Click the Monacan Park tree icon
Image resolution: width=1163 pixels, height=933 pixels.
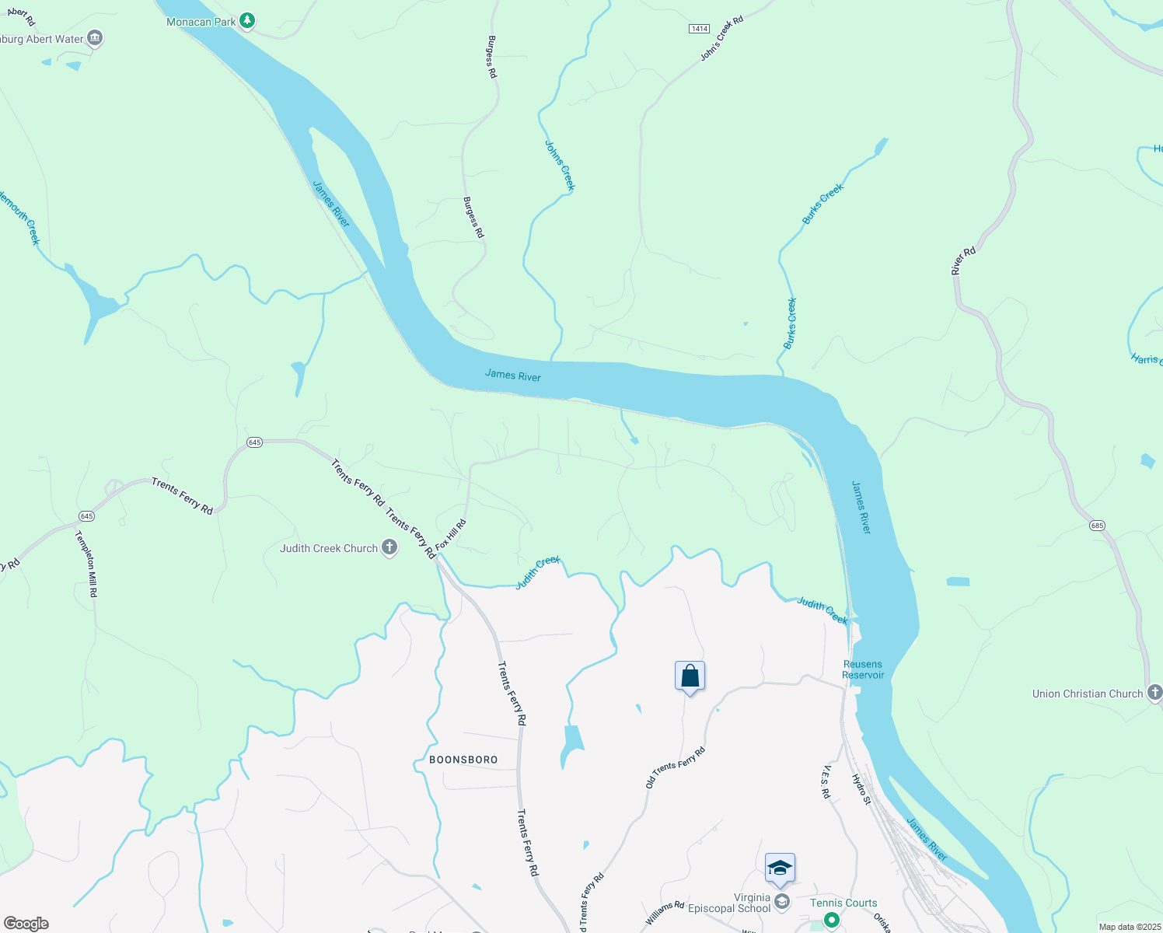[x=247, y=21]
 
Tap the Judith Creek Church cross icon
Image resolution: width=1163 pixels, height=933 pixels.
[x=389, y=548]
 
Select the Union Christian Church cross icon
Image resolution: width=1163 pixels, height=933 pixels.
[x=1154, y=692]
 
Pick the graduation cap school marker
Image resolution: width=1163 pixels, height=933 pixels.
[x=779, y=868]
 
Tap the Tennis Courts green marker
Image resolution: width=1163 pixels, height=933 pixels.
[x=832, y=920]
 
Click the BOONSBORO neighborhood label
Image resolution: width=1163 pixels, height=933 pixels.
[x=463, y=760]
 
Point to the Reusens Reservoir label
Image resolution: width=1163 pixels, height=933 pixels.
[x=863, y=669]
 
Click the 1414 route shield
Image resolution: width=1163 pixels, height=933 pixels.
[x=699, y=29]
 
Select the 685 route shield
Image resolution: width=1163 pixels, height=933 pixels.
[x=1097, y=526]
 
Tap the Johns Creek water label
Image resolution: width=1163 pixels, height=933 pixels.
[x=560, y=166]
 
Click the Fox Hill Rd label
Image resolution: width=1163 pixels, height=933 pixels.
[x=451, y=535]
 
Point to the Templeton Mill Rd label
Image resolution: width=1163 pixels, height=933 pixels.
[x=86, y=564]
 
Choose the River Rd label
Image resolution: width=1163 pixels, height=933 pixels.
[x=963, y=261]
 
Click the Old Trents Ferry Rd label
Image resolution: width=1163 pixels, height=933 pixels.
[x=675, y=767]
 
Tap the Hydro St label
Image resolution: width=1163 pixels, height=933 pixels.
[x=861, y=789]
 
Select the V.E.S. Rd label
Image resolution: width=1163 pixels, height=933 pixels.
[x=826, y=782]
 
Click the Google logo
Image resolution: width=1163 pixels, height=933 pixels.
[x=26, y=924]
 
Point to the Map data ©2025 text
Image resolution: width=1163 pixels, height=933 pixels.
[x=1129, y=927]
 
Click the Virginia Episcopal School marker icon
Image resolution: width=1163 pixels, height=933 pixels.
[x=782, y=902]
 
